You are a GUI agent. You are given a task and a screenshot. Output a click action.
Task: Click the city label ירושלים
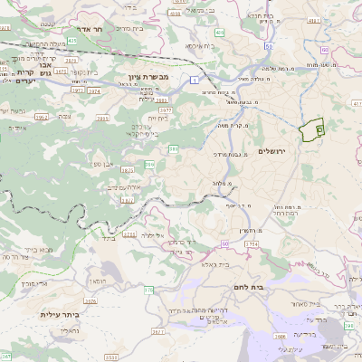click(x=271, y=151)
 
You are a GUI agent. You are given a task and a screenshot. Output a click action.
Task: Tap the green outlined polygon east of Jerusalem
click(x=312, y=130)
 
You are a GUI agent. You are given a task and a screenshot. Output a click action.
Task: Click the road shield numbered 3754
click(x=252, y=244)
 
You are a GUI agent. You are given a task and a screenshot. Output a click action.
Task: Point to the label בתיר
click(x=110, y=239)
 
